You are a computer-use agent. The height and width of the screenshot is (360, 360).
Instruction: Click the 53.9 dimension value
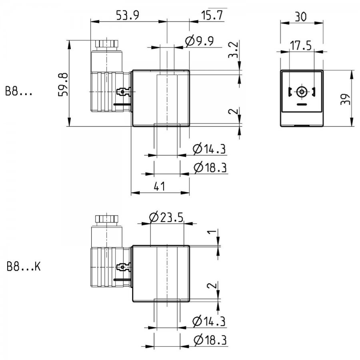(128, 15)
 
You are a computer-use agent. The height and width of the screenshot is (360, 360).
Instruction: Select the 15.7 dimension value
(212, 15)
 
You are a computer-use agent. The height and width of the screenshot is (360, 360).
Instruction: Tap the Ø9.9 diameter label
(199, 41)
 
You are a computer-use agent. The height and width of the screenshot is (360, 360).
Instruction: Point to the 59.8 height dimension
(63, 84)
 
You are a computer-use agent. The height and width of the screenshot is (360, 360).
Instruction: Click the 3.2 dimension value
(234, 50)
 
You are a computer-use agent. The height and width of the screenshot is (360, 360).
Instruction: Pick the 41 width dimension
(159, 186)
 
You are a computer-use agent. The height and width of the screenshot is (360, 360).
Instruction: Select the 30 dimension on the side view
(300, 17)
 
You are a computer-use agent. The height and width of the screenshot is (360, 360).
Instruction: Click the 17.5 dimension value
(301, 46)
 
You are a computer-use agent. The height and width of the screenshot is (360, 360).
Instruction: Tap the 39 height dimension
(346, 99)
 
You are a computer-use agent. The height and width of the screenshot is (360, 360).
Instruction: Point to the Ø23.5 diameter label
(166, 217)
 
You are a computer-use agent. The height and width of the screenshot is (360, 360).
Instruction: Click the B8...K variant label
(24, 267)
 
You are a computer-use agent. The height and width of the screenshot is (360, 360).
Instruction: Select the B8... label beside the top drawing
(19, 91)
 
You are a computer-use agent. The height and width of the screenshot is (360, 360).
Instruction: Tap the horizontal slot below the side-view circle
(302, 104)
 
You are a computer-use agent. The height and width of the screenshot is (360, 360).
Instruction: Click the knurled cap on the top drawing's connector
(107, 44)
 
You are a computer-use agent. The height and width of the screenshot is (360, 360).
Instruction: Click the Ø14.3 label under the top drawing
(209, 149)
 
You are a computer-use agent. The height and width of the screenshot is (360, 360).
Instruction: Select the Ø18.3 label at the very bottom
(210, 340)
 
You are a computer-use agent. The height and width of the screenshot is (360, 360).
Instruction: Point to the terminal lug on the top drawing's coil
(124, 92)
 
